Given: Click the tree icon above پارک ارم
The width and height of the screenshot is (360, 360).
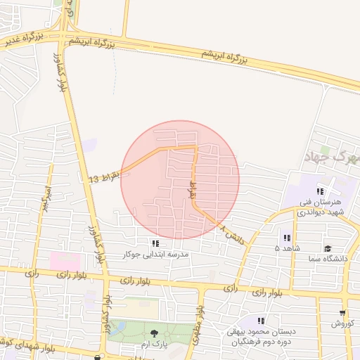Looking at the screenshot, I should tap(154, 333).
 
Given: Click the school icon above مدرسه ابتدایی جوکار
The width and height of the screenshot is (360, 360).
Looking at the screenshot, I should tap(155, 243).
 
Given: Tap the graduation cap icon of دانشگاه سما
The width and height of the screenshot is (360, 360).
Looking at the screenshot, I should tap(328, 248).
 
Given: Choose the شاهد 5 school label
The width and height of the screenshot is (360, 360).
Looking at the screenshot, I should tap(287, 248).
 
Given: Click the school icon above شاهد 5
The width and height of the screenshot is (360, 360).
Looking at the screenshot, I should tap(286, 237).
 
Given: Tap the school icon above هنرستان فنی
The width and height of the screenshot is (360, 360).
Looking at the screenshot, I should tap(320, 191).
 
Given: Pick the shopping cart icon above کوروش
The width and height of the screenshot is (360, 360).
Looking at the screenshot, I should tap(342, 314).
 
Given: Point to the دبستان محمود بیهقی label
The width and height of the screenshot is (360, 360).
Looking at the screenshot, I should tap(262, 337).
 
